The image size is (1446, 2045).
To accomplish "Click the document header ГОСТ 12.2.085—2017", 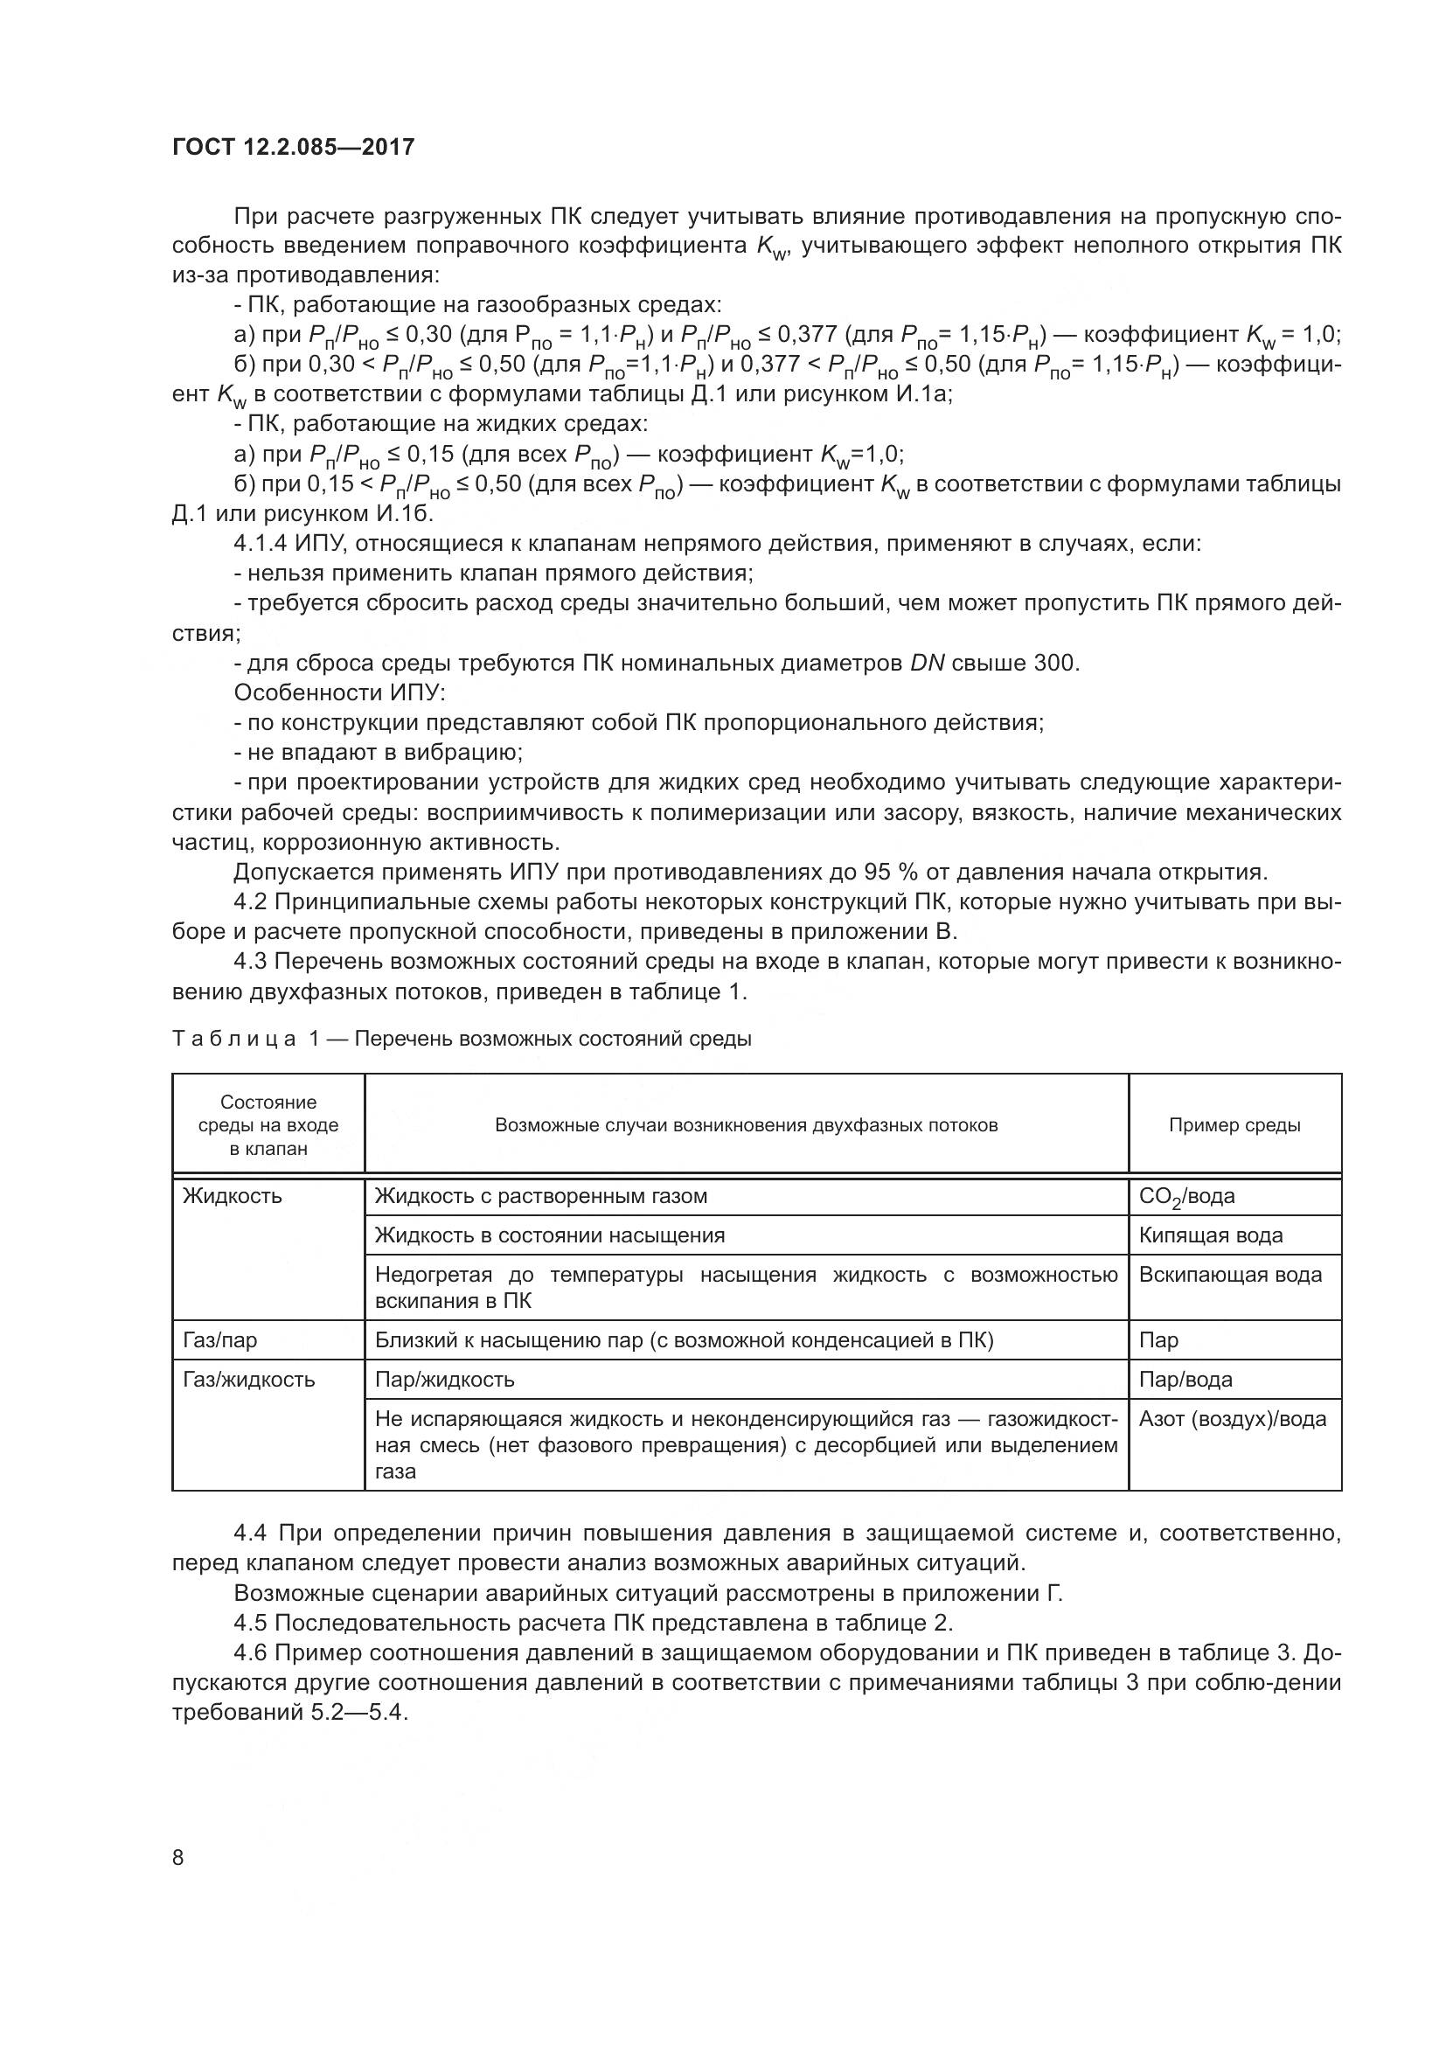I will pyautogui.click(x=293, y=147).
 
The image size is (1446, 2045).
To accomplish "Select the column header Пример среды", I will pyautogui.click(x=1234, y=1125).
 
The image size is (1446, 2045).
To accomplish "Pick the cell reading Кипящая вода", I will pyautogui.click(x=1210, y=1235).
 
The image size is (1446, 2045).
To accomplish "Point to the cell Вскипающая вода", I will pyautogui.click(x=1230, y=1275).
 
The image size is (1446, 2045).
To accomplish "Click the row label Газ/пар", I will pyautogui.click(x=220, y=1340).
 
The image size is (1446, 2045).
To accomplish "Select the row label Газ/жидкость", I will pyautogui.click(x=248, y=1380).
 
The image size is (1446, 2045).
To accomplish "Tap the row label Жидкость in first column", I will pyautogui.click(x=232, y=1196).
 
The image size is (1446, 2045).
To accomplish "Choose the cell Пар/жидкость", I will pyautogui.click(x=444, y=1380).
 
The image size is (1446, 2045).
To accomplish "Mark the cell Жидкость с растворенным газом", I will pyautogui.click(x=540, y=1196).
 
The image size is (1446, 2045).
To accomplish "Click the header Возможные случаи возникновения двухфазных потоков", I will pyautogui.click(x=746, y=1125).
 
